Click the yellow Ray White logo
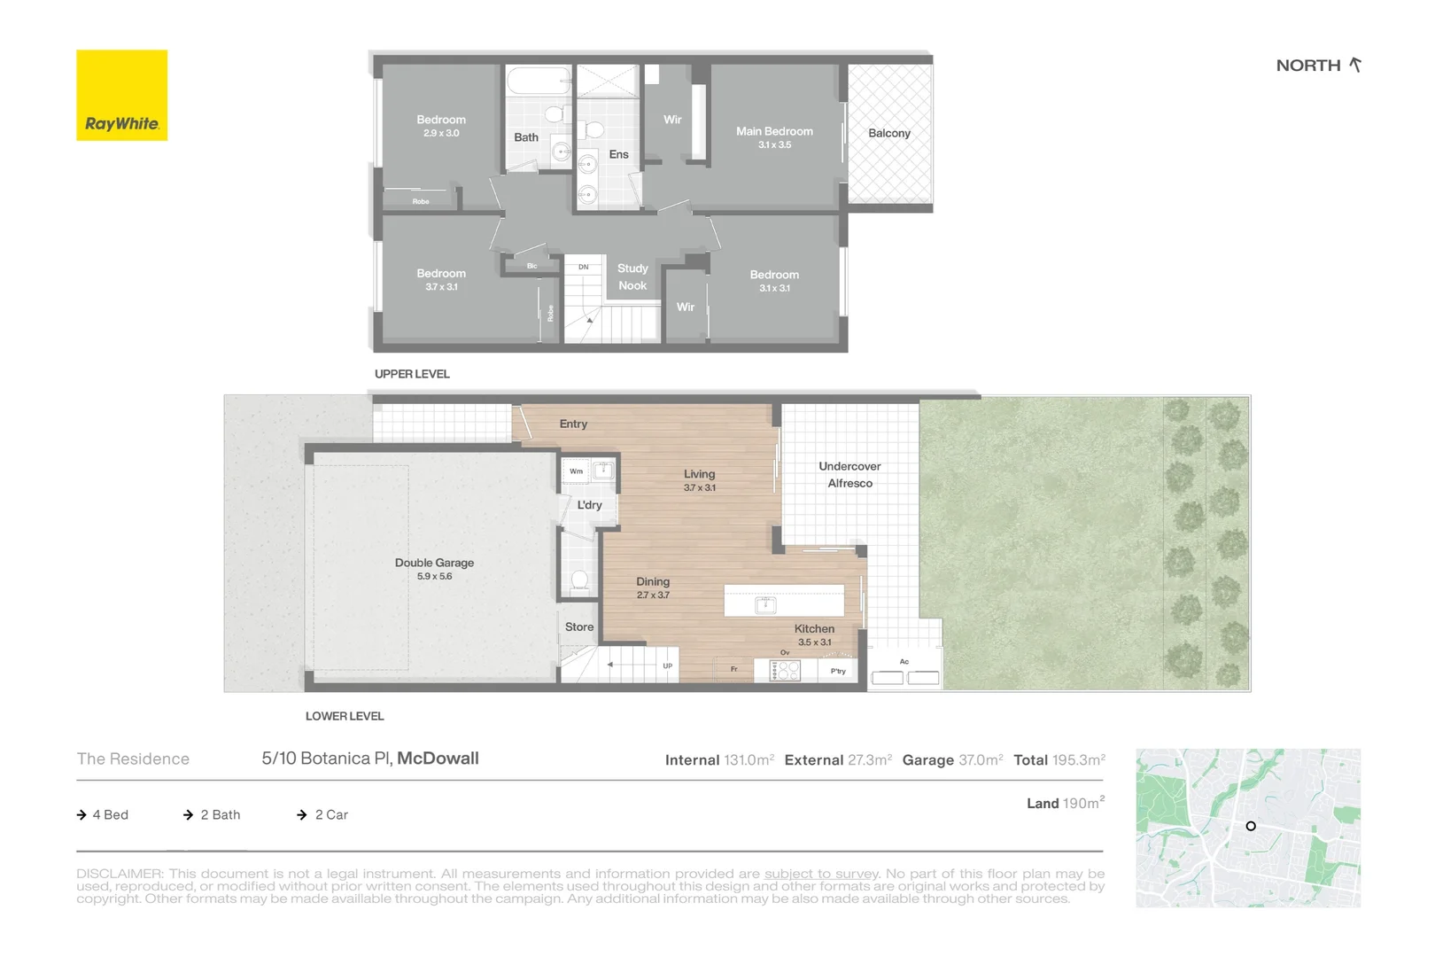coord(121,95)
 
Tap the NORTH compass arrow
coord(1354,65)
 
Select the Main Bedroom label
coord(774,131)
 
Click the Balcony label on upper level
coord(888,133)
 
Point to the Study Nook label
coord(632,276)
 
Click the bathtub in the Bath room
coord(539,82)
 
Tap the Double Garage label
coord(434,563)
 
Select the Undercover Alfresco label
coord(849,475)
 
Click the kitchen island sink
coord(765,605)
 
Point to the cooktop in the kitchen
coord(785,671)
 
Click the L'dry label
coord(589,505)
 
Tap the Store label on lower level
coord(579,626)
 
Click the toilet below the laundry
coord(580,581)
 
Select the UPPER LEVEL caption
coord(412,374)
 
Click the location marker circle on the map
coord(1251,826)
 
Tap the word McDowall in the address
coord(438,759)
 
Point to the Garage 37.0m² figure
coord(952,760)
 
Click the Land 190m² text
coord(1065,803)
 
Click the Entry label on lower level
coord(573,424)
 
